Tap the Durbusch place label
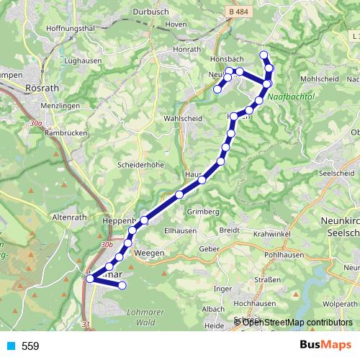(150, 12)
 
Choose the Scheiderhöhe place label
(138, 164)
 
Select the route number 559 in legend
(30, 346)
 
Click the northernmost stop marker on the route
(264, 55)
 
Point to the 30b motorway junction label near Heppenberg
(107, 244)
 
